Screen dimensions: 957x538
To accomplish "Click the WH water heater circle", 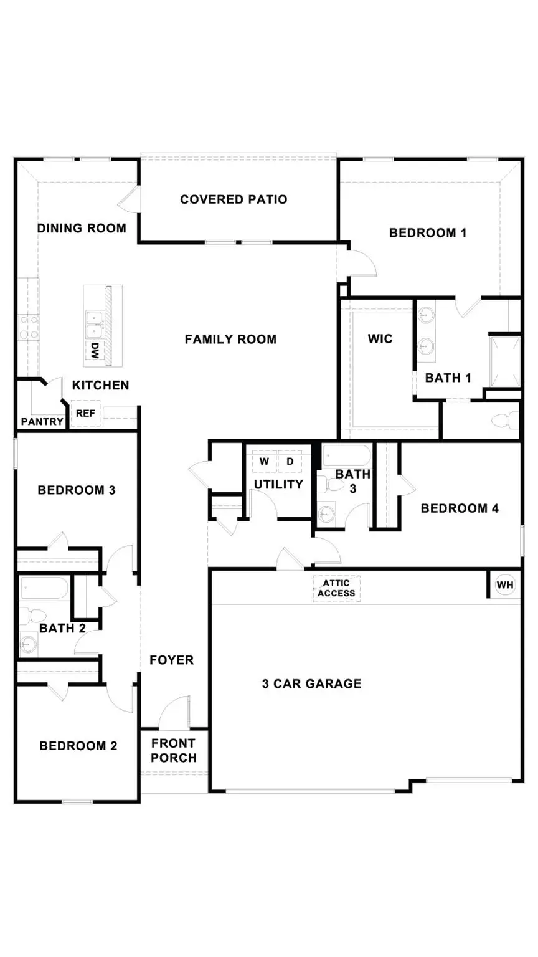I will [x=504, y=585].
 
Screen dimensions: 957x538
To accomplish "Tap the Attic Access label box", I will [x=336, y=588].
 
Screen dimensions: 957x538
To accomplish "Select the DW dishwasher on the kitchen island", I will [x=95, y=350].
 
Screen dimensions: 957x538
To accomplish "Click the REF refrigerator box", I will [x=85, y=413].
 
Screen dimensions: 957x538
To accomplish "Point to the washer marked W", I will [x=265, y=462].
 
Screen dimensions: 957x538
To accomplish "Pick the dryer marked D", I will [x=290, y=462].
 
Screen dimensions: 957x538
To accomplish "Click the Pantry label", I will [x=42, y=422].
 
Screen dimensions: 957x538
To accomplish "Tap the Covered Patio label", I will [x=234, y=199].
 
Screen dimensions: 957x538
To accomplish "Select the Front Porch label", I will [x=174, y=750].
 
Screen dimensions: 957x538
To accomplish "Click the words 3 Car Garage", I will [x=311, y=683].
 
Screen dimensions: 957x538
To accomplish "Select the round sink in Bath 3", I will [x=326, y=514].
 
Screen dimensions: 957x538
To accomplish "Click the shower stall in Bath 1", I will [x=504, y=361].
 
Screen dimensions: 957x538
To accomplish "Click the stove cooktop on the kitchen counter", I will [x=27, y=327].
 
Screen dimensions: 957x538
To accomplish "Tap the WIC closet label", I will [x=380, y=338].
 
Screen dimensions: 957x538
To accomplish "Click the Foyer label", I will [x=171, y=660].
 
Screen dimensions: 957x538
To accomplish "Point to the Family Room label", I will [x=230, y=340].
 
